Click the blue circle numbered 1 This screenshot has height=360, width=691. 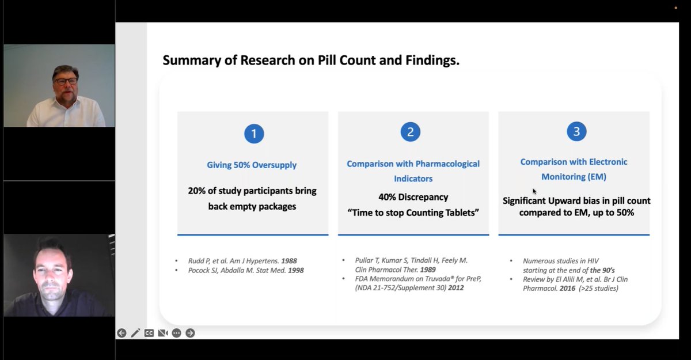254,134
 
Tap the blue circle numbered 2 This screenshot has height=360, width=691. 410,132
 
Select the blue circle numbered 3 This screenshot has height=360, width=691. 576,132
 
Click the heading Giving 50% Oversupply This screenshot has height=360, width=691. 252,165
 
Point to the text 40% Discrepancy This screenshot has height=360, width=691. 413,197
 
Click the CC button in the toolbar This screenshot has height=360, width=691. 149,333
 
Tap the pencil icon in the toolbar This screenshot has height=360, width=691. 135,333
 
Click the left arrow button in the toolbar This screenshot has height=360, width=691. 122,333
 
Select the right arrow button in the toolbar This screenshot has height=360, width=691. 190,333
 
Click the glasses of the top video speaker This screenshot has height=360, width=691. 67,81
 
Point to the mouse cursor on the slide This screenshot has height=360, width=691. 534,191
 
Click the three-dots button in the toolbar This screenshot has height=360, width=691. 176,333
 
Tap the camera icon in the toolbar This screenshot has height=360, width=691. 163,333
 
